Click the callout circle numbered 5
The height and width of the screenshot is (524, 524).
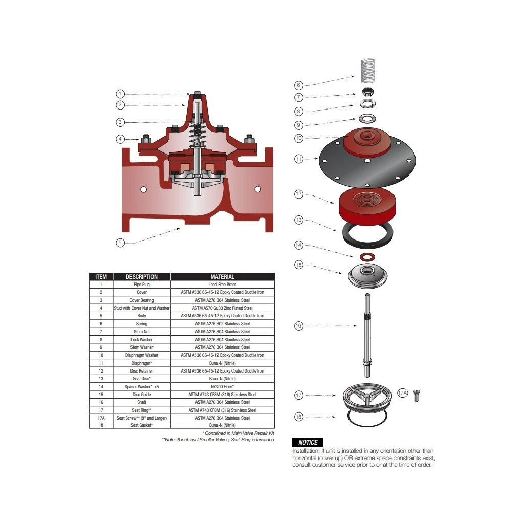(120, 242)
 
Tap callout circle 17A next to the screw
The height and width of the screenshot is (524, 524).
(402, 392)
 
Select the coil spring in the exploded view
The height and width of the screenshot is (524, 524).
(368, 71)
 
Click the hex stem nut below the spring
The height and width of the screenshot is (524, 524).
(368, 92)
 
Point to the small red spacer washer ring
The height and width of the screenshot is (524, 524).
(367, 257)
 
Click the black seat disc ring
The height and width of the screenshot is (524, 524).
(367, 235)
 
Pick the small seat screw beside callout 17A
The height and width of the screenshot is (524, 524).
(417, 396)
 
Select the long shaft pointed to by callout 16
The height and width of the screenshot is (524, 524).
(367, 335)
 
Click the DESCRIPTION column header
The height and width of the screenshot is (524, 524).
(142, 277)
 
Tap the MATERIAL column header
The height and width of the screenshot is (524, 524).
(223, 277)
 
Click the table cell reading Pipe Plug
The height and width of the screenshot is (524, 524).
(142, 285)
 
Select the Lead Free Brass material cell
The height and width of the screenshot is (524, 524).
(223, 285)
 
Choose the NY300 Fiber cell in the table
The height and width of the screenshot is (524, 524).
(223, 387)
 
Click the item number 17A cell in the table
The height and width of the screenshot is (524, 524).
(101, 418)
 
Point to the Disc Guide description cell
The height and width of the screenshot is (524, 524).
(142, 395)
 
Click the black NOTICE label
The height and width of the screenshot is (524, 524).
(308, 442)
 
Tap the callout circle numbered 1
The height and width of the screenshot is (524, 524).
(120, 94)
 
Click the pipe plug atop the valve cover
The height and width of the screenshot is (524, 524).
(197, 93)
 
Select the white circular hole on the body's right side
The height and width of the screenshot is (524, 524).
(258, 189)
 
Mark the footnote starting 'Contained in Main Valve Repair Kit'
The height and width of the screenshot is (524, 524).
(238, 433)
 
